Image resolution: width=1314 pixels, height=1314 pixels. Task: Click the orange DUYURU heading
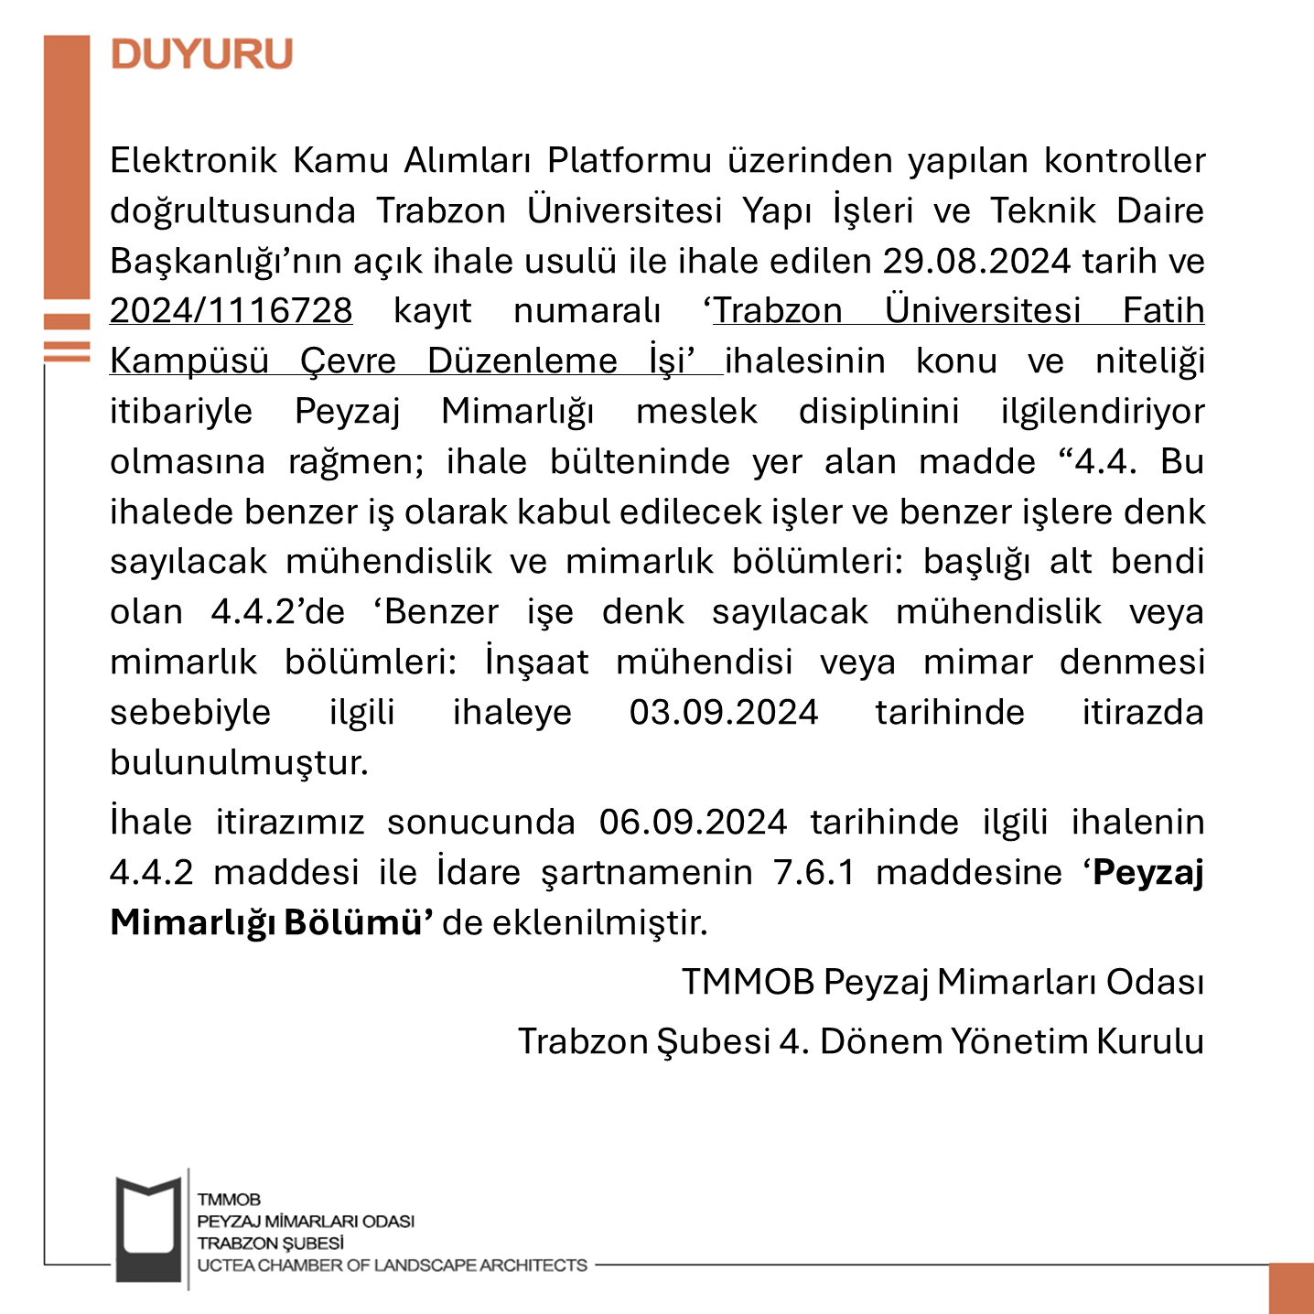pyautogui.click(x=201, y=54)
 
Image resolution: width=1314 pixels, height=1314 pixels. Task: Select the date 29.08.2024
pyautogui.click(x=975, y=262)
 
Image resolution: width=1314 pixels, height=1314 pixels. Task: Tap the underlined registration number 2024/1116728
pyautogui.click(x=231, y=311)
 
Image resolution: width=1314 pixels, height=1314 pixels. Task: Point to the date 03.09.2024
pyautogui.click(x=723, y=713)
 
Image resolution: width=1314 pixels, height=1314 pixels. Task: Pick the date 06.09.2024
pyautogui.click(x=693, y=823)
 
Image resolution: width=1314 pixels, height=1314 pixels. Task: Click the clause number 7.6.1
pyautogui.click(x=814, y=873)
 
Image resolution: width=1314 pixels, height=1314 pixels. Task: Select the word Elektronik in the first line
pyautogui.click(x=193, y=161)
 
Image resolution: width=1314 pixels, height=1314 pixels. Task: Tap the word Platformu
pyautogui.click(x=630, y=161)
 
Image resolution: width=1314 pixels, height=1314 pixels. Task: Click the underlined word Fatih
pyautogui.click(x=1163, y=311)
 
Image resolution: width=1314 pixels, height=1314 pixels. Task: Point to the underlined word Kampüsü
pyautogui.click(x=188, y=361)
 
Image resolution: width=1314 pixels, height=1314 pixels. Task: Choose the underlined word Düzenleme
pyautogui.click(x=522, y=361)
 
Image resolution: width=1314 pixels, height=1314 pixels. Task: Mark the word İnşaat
pyautogui.click(x=537, y=662)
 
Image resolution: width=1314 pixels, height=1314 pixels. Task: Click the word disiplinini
pyautogui.click(x=878, y=412)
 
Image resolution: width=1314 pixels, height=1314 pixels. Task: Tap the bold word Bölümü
pyautogui.click(x=358, y=922)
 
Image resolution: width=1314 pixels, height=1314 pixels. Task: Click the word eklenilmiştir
pyautogui.click(x=600, y=922)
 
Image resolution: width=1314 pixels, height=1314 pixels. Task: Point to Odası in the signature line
pyautogui.click(x=1155, y=983)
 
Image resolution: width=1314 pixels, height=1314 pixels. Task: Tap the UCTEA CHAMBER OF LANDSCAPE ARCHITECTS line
pyautogui.click(x=392, y=1266)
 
